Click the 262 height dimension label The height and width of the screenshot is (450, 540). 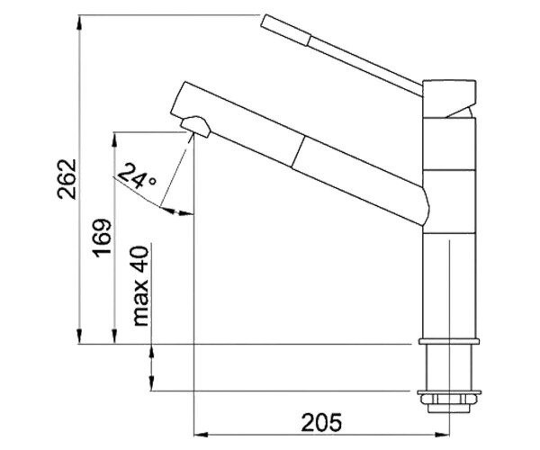[67, 179]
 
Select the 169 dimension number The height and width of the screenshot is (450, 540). [103, 238]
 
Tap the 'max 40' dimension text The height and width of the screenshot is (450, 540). [140, 286]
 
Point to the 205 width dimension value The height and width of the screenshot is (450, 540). [321, 422]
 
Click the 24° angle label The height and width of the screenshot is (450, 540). [137, 175]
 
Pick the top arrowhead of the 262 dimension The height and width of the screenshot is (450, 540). [79, 22]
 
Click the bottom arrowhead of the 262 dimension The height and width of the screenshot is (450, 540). [79, 336]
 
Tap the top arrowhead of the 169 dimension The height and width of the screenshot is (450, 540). [115, 139]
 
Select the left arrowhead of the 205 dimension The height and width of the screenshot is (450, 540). [202, 435]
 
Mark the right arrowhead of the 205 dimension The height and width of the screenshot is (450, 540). [442, 435]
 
